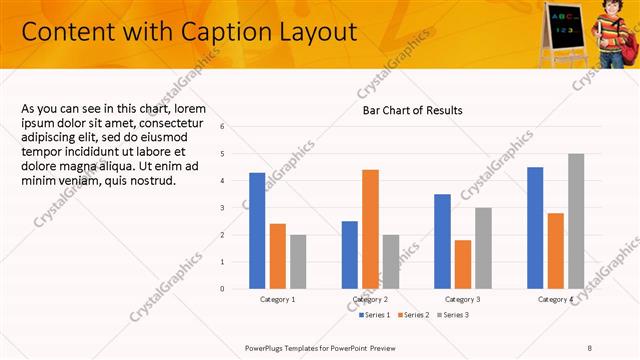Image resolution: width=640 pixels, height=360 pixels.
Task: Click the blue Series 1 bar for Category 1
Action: click(257, 230)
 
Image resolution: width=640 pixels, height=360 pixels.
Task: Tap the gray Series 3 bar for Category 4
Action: click(576, 221)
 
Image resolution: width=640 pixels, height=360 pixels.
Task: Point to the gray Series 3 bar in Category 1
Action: click(298, 261)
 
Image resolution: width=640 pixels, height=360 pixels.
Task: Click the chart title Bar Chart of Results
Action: click(412, 110)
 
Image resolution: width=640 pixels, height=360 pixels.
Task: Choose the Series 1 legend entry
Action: click(376, 315)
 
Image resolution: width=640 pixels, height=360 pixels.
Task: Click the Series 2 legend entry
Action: click(413, 315)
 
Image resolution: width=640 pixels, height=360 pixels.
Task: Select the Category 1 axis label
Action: click(277, 299)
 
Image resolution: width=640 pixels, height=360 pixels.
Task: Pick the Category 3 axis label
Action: click(463, 299)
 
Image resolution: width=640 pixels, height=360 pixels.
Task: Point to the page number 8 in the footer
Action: click(590, 347)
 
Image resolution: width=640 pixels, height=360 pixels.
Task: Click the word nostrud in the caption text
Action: click(153, 181)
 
